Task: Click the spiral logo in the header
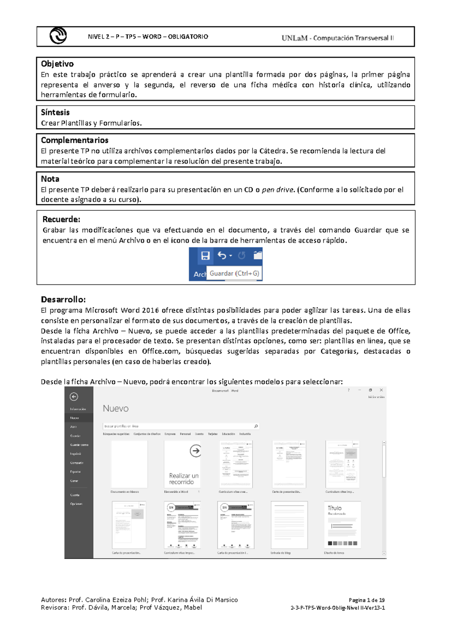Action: [x=58, y=36]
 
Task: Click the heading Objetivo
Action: [x=57, y=64]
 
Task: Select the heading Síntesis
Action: [x=55, y=112]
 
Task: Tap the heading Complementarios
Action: [x=74, y=140]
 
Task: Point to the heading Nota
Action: [x=50, y=179]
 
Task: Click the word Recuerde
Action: [x=61, y=219]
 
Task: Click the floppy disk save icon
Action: [x=205, y=256]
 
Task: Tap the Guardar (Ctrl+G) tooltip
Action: [x=234, y=274]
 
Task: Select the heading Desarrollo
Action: [x=63, y=299]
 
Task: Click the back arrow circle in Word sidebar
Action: [x=74, y=397]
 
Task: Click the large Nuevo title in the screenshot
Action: [x=115, y=408]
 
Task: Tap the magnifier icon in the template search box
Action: [x=256, y=426]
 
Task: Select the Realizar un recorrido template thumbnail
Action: [x=183, y=464]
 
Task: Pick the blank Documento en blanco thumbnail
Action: [x=129, y=464]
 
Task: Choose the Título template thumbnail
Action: [x=342, y=525]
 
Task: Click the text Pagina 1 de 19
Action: [x=366, y=600]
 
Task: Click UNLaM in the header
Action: [x=294, y=38]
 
